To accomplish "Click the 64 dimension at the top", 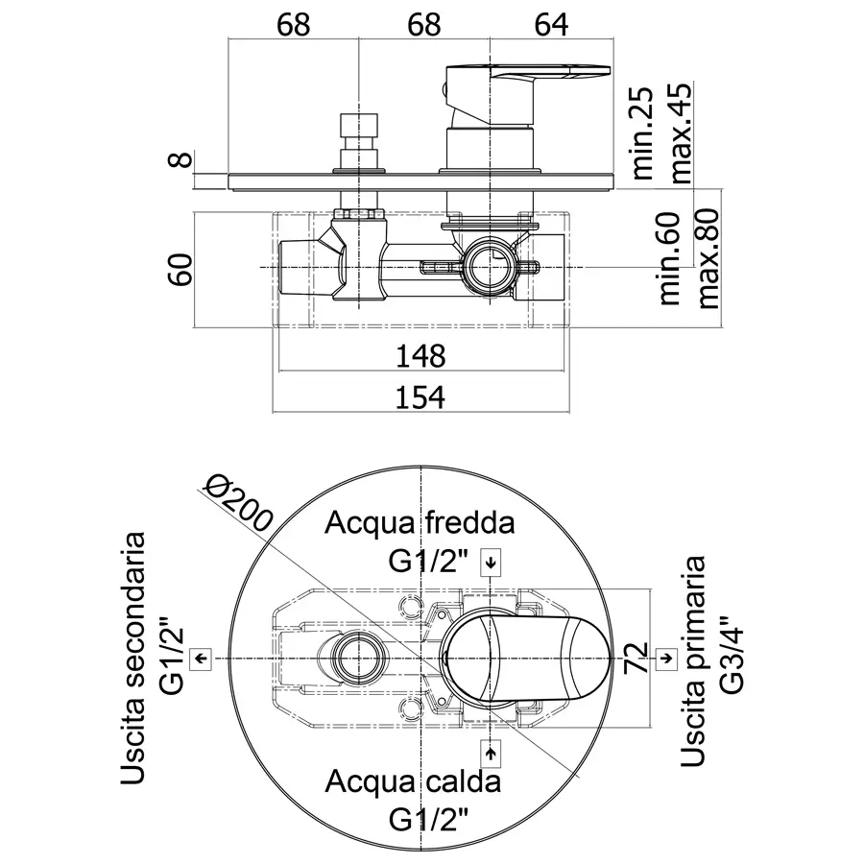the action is pos(551,25).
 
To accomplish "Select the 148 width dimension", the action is pos(420,356).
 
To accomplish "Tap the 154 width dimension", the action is pos(420,397).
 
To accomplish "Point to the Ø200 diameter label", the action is pos(238,504).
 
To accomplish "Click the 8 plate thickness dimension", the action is pos(181,159).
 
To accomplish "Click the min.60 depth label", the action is pos(669,258).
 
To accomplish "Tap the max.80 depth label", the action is pos(708,258).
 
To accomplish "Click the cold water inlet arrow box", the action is pos(491,564).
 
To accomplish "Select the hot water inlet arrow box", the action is pos(491,754).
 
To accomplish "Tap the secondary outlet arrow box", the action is pos(201,659).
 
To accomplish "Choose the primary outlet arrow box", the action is pos(666,659).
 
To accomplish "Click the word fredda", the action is pos(469,522).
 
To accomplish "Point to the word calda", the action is pos(463,780).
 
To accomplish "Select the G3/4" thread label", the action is pos(732,654).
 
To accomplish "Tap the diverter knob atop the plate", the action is pos(359,141).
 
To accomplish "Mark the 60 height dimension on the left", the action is pos(181,269).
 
